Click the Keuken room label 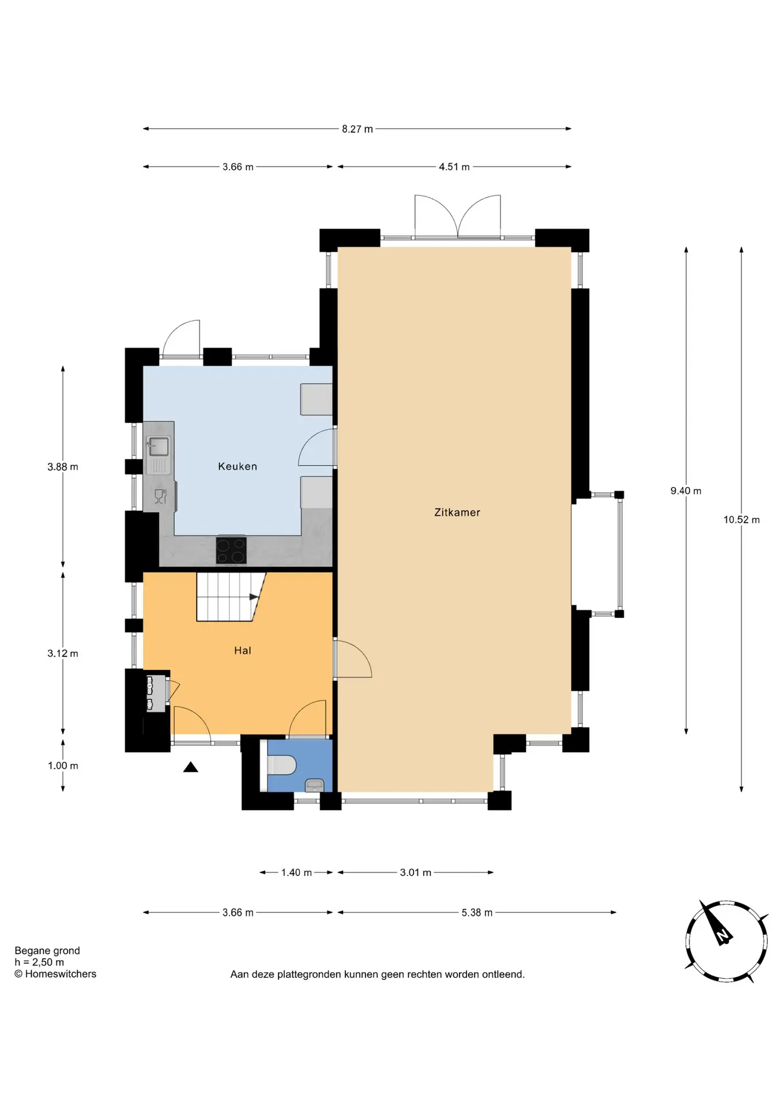coord(238,466)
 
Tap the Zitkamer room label coord(457,512)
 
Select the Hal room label coord(243,650)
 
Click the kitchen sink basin coord(159,447)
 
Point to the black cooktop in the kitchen coord(231,551)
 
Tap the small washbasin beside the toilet coord(314,785)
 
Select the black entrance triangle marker coord(191,767)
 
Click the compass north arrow coord(716,922)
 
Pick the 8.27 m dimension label coord(357,129)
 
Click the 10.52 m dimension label coord(741,519)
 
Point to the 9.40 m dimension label coord(686,491)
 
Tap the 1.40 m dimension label coord(296,872)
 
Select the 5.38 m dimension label coord(477,912)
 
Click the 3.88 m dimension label coord(63,467)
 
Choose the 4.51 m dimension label coord(454,167)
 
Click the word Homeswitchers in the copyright coord(61,974)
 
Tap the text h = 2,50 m coord(39,962)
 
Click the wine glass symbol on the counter coord(160,496)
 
